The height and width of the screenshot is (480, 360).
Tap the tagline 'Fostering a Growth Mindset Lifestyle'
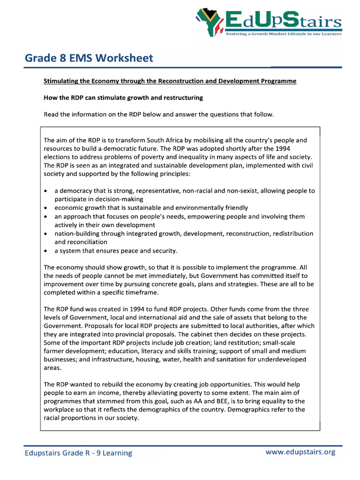point(284,34)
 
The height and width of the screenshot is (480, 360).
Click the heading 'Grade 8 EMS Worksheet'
point(89,58)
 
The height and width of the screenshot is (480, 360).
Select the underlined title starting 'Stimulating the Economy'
point(170,81)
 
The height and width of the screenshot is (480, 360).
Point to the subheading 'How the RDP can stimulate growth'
point(123,98)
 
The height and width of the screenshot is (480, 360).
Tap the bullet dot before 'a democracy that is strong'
point(45,191)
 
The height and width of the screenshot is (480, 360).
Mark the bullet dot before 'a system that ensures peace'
point(45,251)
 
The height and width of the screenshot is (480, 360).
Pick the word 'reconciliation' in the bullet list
point(81,242)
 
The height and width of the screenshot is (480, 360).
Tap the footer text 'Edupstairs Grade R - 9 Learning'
point(78,453)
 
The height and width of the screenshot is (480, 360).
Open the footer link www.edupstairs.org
point(300,452)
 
